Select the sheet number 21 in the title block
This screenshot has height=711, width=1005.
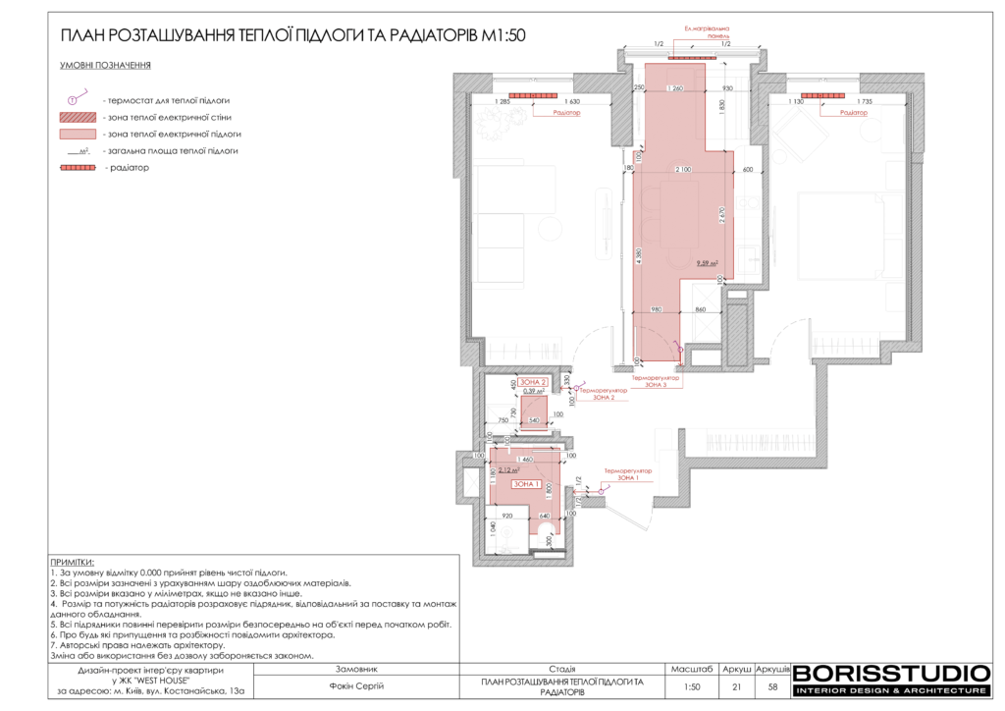[736, 686]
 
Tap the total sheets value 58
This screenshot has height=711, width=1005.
[772, 686]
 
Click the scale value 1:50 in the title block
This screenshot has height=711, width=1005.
[693, 686]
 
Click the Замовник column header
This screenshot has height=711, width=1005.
[355, 669]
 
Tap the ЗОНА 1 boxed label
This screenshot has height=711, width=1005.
[526, 484]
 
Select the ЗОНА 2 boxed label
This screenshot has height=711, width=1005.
[533, 381]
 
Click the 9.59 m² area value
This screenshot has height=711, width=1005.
[707, 263]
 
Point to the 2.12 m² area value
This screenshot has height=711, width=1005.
[508, 470]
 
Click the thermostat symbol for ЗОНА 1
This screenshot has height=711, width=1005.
[601, 490]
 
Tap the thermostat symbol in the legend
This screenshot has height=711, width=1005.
[72, 100]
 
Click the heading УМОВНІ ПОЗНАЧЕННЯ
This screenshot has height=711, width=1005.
[105, 67]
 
